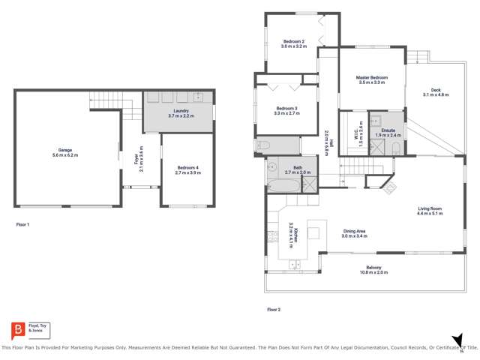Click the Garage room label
pyautogui.click(x=64, y=151)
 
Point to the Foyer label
pyautogui.click(x=139, y=158)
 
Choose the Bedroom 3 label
pyautogui.click(x=286, y=109)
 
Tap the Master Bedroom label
pyautogui.click(x=372, y=78)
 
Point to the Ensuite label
pyautogui.click(x=388, y=130)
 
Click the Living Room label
pyautogui.click(x=430, y=209)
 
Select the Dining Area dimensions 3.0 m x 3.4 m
pyautogui.click(x=354, y=236)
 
